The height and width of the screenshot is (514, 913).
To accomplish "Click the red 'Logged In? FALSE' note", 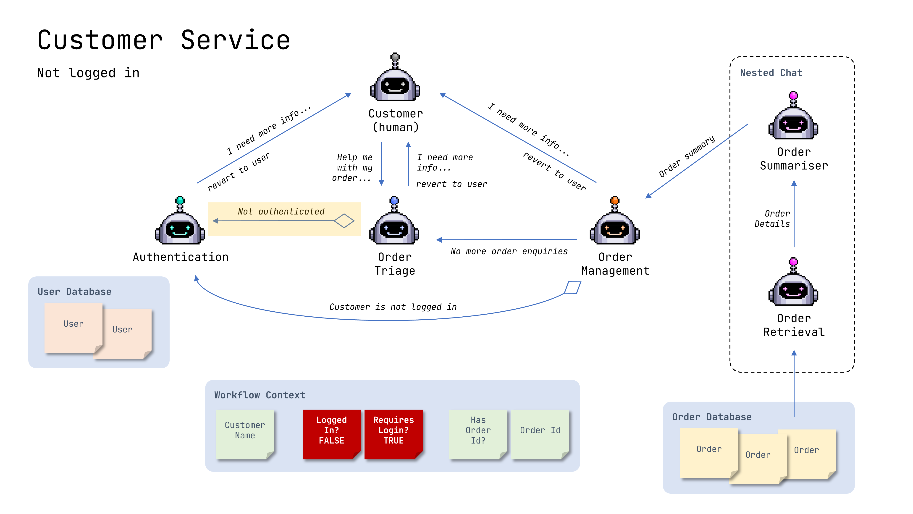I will (x=331, y=434).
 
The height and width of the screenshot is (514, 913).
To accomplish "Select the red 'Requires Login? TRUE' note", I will (x=394, y=434).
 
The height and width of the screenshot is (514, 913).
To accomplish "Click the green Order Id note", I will (x=540, y=434).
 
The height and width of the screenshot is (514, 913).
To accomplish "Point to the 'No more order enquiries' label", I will (x=509, y=252).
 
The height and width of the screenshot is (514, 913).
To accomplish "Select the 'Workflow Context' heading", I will (x=260, y=395).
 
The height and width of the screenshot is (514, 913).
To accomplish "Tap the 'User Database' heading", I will (x=74, y=291).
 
